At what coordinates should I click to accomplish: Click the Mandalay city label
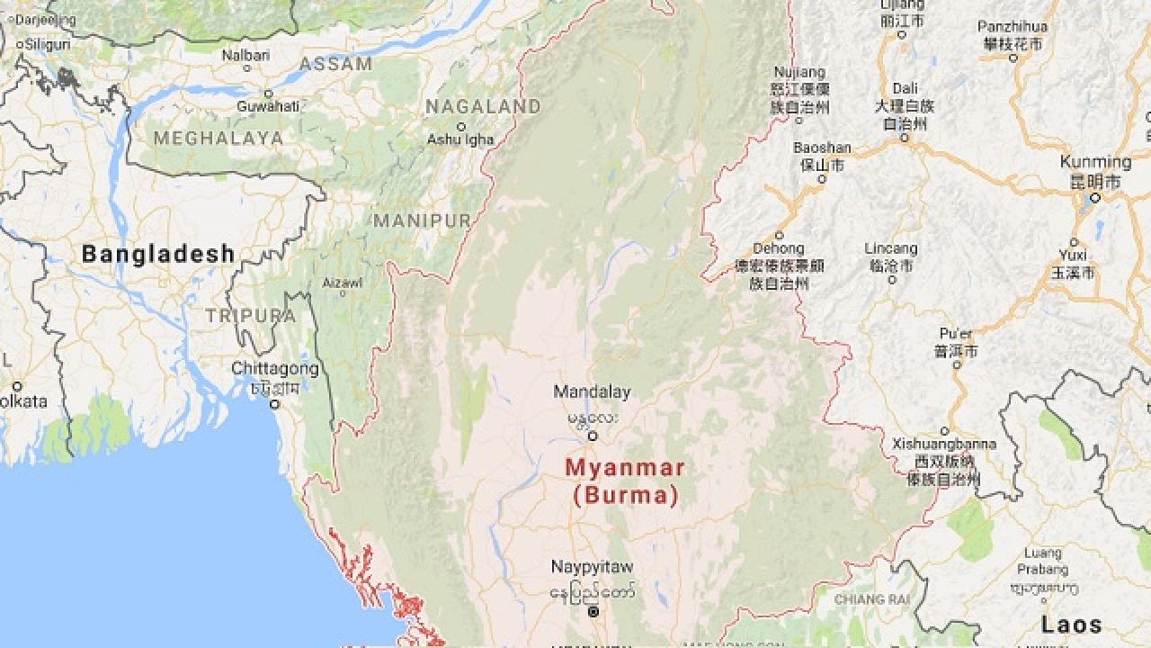(x=592, y=391)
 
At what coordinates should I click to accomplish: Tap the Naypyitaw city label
(x=592, y=566)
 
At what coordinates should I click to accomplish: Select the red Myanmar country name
(x=625, y=468)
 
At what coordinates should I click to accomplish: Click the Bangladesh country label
(x=158, y=254)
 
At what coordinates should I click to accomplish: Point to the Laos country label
(x=1072, y=624)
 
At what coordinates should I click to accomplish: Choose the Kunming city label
(x=1095, y=162)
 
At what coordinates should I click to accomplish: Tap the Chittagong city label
(x=275, y=369)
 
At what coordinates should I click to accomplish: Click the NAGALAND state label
(x=483, y=107)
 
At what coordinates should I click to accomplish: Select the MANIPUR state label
(x=422, y=220)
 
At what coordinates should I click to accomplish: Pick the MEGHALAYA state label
(x=218, y=139)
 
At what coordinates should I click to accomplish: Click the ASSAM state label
(x=335, y=64)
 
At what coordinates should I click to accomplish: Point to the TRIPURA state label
(x=250, y=315)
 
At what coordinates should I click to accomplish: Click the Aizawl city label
(x=342, y=283)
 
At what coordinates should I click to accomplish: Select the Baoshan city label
(x=822, y=148)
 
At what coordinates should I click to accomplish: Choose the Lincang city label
(x=891, y=248)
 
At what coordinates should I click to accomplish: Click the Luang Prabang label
(x=1043, y=562)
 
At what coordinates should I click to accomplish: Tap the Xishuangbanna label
(x=944, y=444)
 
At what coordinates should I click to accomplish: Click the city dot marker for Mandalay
(x=593, y=436)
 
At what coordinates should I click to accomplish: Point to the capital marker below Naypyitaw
(x=593, y=612)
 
